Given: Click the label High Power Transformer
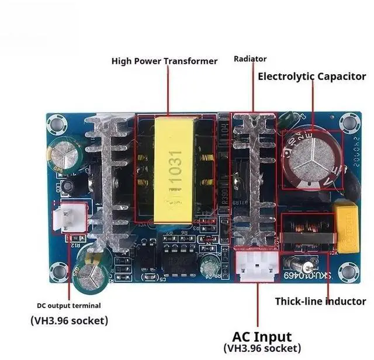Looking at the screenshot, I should (x=164, y=61).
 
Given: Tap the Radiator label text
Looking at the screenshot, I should (x=250, y=58).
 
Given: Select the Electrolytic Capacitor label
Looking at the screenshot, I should (x=312, y=76).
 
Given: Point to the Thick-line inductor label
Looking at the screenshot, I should (x=321, y=302).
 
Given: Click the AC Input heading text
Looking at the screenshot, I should (x=262, y=337).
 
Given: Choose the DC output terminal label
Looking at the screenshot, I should (x=69, y=305).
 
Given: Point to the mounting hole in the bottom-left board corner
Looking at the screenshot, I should (x=58, y=271).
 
